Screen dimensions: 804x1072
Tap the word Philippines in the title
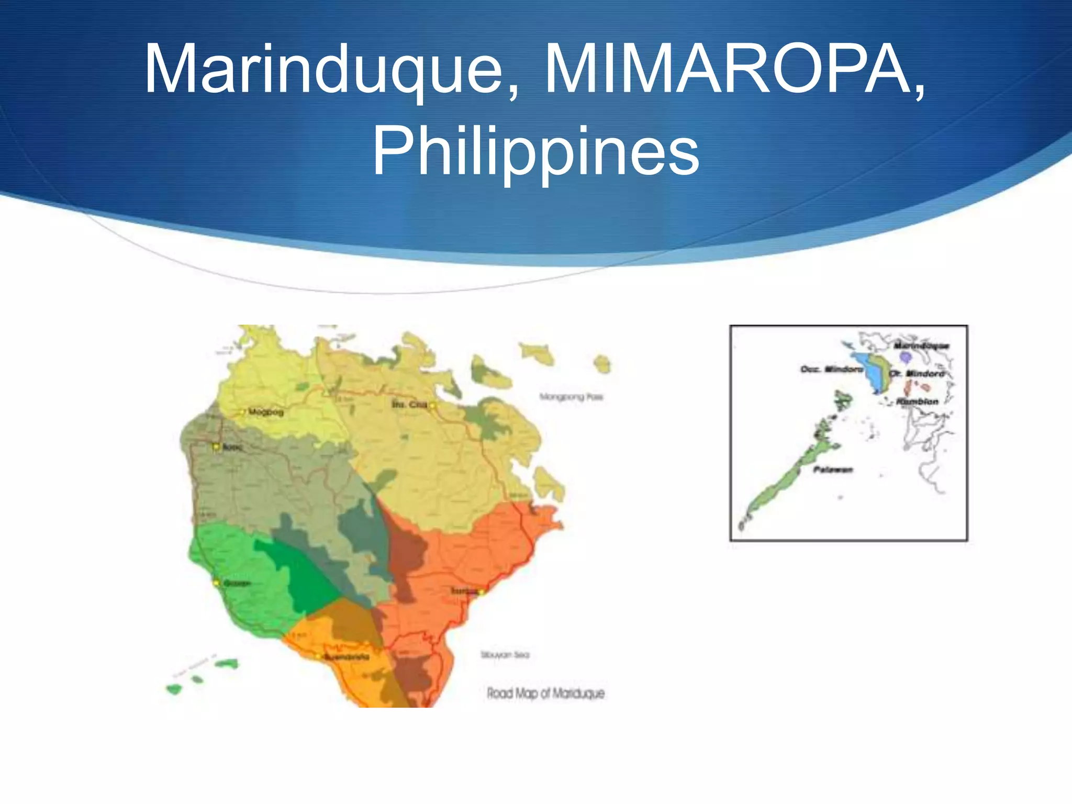click(535, 152)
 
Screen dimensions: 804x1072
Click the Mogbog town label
click(266, 412)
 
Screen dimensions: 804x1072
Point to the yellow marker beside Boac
click(216, 447)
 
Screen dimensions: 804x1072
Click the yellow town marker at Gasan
click(216, 583)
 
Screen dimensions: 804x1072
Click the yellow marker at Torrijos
click(481, 592)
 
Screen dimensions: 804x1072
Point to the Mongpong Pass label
click(571, 397)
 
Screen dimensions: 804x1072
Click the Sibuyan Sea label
click(505, 655)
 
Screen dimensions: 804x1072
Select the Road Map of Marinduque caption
click(545, 694)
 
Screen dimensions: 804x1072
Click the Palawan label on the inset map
click(833, 470)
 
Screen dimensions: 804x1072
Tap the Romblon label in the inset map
click(917, 401)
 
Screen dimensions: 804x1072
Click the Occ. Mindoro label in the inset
click(831, 370)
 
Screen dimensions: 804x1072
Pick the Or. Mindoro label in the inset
click(917, 374)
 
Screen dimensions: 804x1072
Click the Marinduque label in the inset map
click(921, 345)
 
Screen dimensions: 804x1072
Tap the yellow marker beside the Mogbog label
click(242, 412)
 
